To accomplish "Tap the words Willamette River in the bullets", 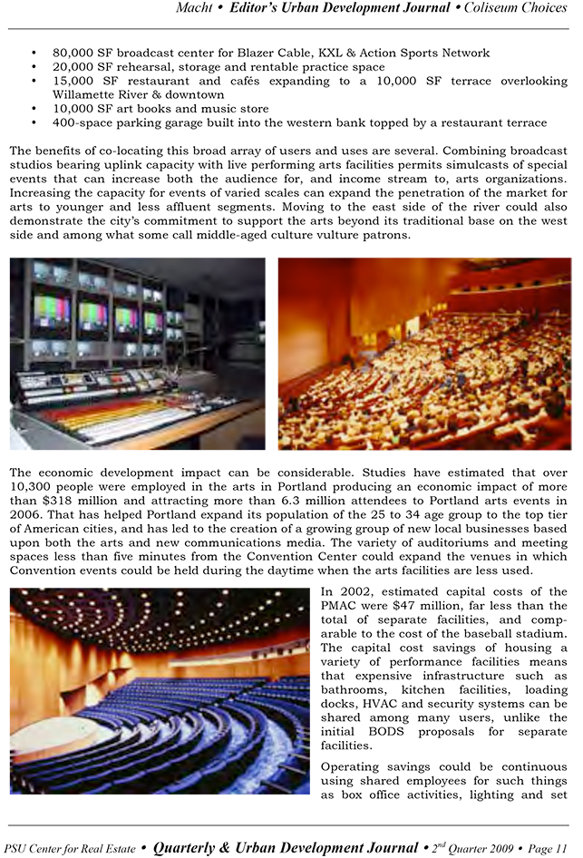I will coord(100,94).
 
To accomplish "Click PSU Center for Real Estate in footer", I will coord(70,849).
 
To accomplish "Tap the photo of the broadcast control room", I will coord(137,353).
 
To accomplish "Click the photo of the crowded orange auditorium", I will coord(423,353).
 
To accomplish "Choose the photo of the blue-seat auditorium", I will coord(159,689).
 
